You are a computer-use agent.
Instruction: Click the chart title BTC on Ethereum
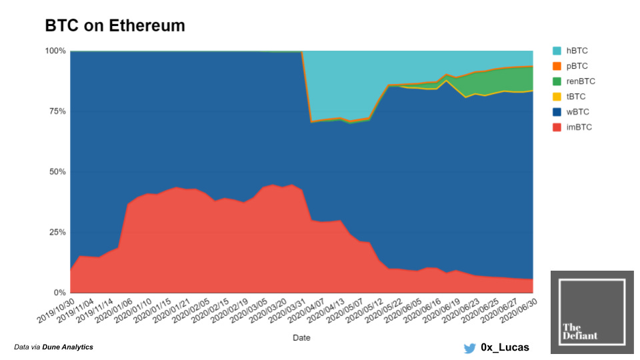coord(115,26)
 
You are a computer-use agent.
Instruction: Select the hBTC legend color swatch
coord(557,51)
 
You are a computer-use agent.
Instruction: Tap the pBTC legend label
coord(578,66)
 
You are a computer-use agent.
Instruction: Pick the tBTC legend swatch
coord(557,97)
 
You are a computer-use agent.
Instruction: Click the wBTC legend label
coord(578,112)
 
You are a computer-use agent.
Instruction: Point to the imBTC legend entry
coord(579,127)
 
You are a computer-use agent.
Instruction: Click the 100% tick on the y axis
coord(55,51)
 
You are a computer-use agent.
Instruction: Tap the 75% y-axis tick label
coord(57,111)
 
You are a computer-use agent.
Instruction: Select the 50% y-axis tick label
coord(57,172)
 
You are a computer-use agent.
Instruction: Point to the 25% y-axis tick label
coord(57,233)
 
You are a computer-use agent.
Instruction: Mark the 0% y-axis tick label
coord(59,293)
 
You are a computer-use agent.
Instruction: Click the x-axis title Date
coord(301,338)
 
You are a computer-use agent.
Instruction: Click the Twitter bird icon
coord(470,347)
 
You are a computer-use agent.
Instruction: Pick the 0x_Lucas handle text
coord(505,347)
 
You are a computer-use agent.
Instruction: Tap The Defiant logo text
coord(579,331)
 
